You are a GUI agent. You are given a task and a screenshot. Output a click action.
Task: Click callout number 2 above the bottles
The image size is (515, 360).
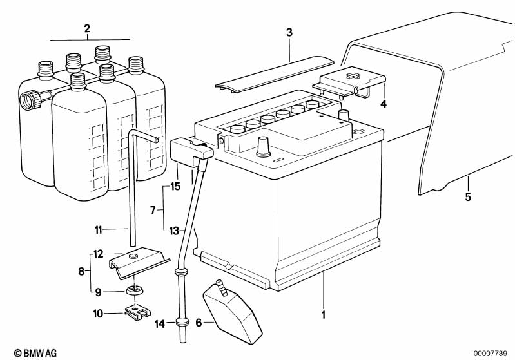coord(87,28)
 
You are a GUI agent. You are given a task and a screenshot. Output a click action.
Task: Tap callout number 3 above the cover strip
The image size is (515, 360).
coord(289,33)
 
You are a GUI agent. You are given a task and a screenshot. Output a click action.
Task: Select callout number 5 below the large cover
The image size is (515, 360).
coord(468,197)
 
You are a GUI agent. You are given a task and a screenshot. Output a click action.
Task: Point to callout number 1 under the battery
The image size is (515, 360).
coord(324,315)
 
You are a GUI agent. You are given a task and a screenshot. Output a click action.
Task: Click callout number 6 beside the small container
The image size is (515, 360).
coord(199,323)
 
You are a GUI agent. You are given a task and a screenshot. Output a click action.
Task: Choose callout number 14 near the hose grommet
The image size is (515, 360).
coord(160,324)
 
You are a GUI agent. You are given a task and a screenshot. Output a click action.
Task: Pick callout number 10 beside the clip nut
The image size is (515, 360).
coord(98,314)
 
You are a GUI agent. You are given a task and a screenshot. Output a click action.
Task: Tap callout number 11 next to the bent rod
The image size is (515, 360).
coord(99,230)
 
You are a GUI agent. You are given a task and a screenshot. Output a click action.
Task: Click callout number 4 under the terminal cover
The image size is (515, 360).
coord(384,104)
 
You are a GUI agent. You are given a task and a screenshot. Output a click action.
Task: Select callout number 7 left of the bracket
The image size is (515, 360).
coord(153,210)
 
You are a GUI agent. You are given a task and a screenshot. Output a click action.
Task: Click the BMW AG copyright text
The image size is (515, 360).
coord(35,353)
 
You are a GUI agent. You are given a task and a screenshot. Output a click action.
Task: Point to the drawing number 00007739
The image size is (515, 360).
coord(490,354)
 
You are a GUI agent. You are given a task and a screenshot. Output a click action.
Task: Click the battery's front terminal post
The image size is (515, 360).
coord(263,147)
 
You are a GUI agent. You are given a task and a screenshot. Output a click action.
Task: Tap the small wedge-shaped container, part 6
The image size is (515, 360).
coord(233,312)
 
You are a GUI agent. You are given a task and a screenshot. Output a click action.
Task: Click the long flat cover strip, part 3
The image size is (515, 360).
coord(275,75)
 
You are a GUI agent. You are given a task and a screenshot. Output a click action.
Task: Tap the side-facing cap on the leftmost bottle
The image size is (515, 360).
coord(30,100)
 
